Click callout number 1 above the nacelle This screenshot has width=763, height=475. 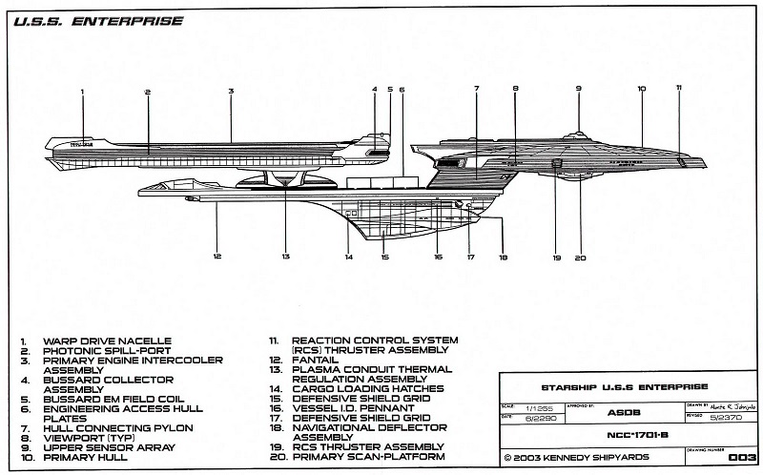pyautogui.click(x=83, y=92)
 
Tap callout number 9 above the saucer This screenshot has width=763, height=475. pyautogui.click(x=578, y=89)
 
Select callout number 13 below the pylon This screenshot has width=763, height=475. pyautogui.click(x=285, y=256)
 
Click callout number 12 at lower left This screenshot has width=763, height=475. pyautogui.click(x=217, y=256)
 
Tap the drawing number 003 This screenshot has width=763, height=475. pyautogui.click(x=740, y=458)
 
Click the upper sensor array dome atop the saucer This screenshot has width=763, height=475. pyautogui.click(x=577, y=134)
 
